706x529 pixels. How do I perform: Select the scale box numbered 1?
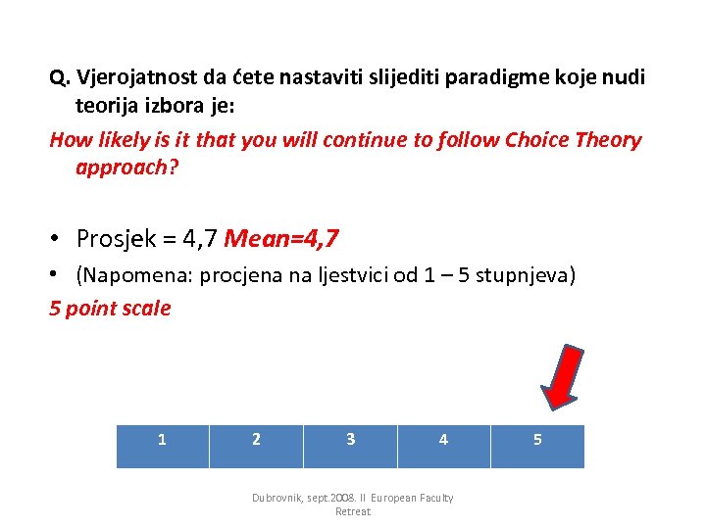click(163, 446)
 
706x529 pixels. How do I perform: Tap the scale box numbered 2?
click(257, 446)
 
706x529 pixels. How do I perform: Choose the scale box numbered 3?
click(350, 446)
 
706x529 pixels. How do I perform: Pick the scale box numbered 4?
click(443, 446)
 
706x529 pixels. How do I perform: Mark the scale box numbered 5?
click(537, 446)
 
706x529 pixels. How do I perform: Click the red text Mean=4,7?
click(281, 238)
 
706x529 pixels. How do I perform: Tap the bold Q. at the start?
click(60, 76)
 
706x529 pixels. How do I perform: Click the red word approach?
click(127, 167)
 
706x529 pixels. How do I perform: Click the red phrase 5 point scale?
click(110, 309)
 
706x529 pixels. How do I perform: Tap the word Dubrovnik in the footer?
click(280, 498)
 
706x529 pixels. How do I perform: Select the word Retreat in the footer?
click(352, 511)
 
